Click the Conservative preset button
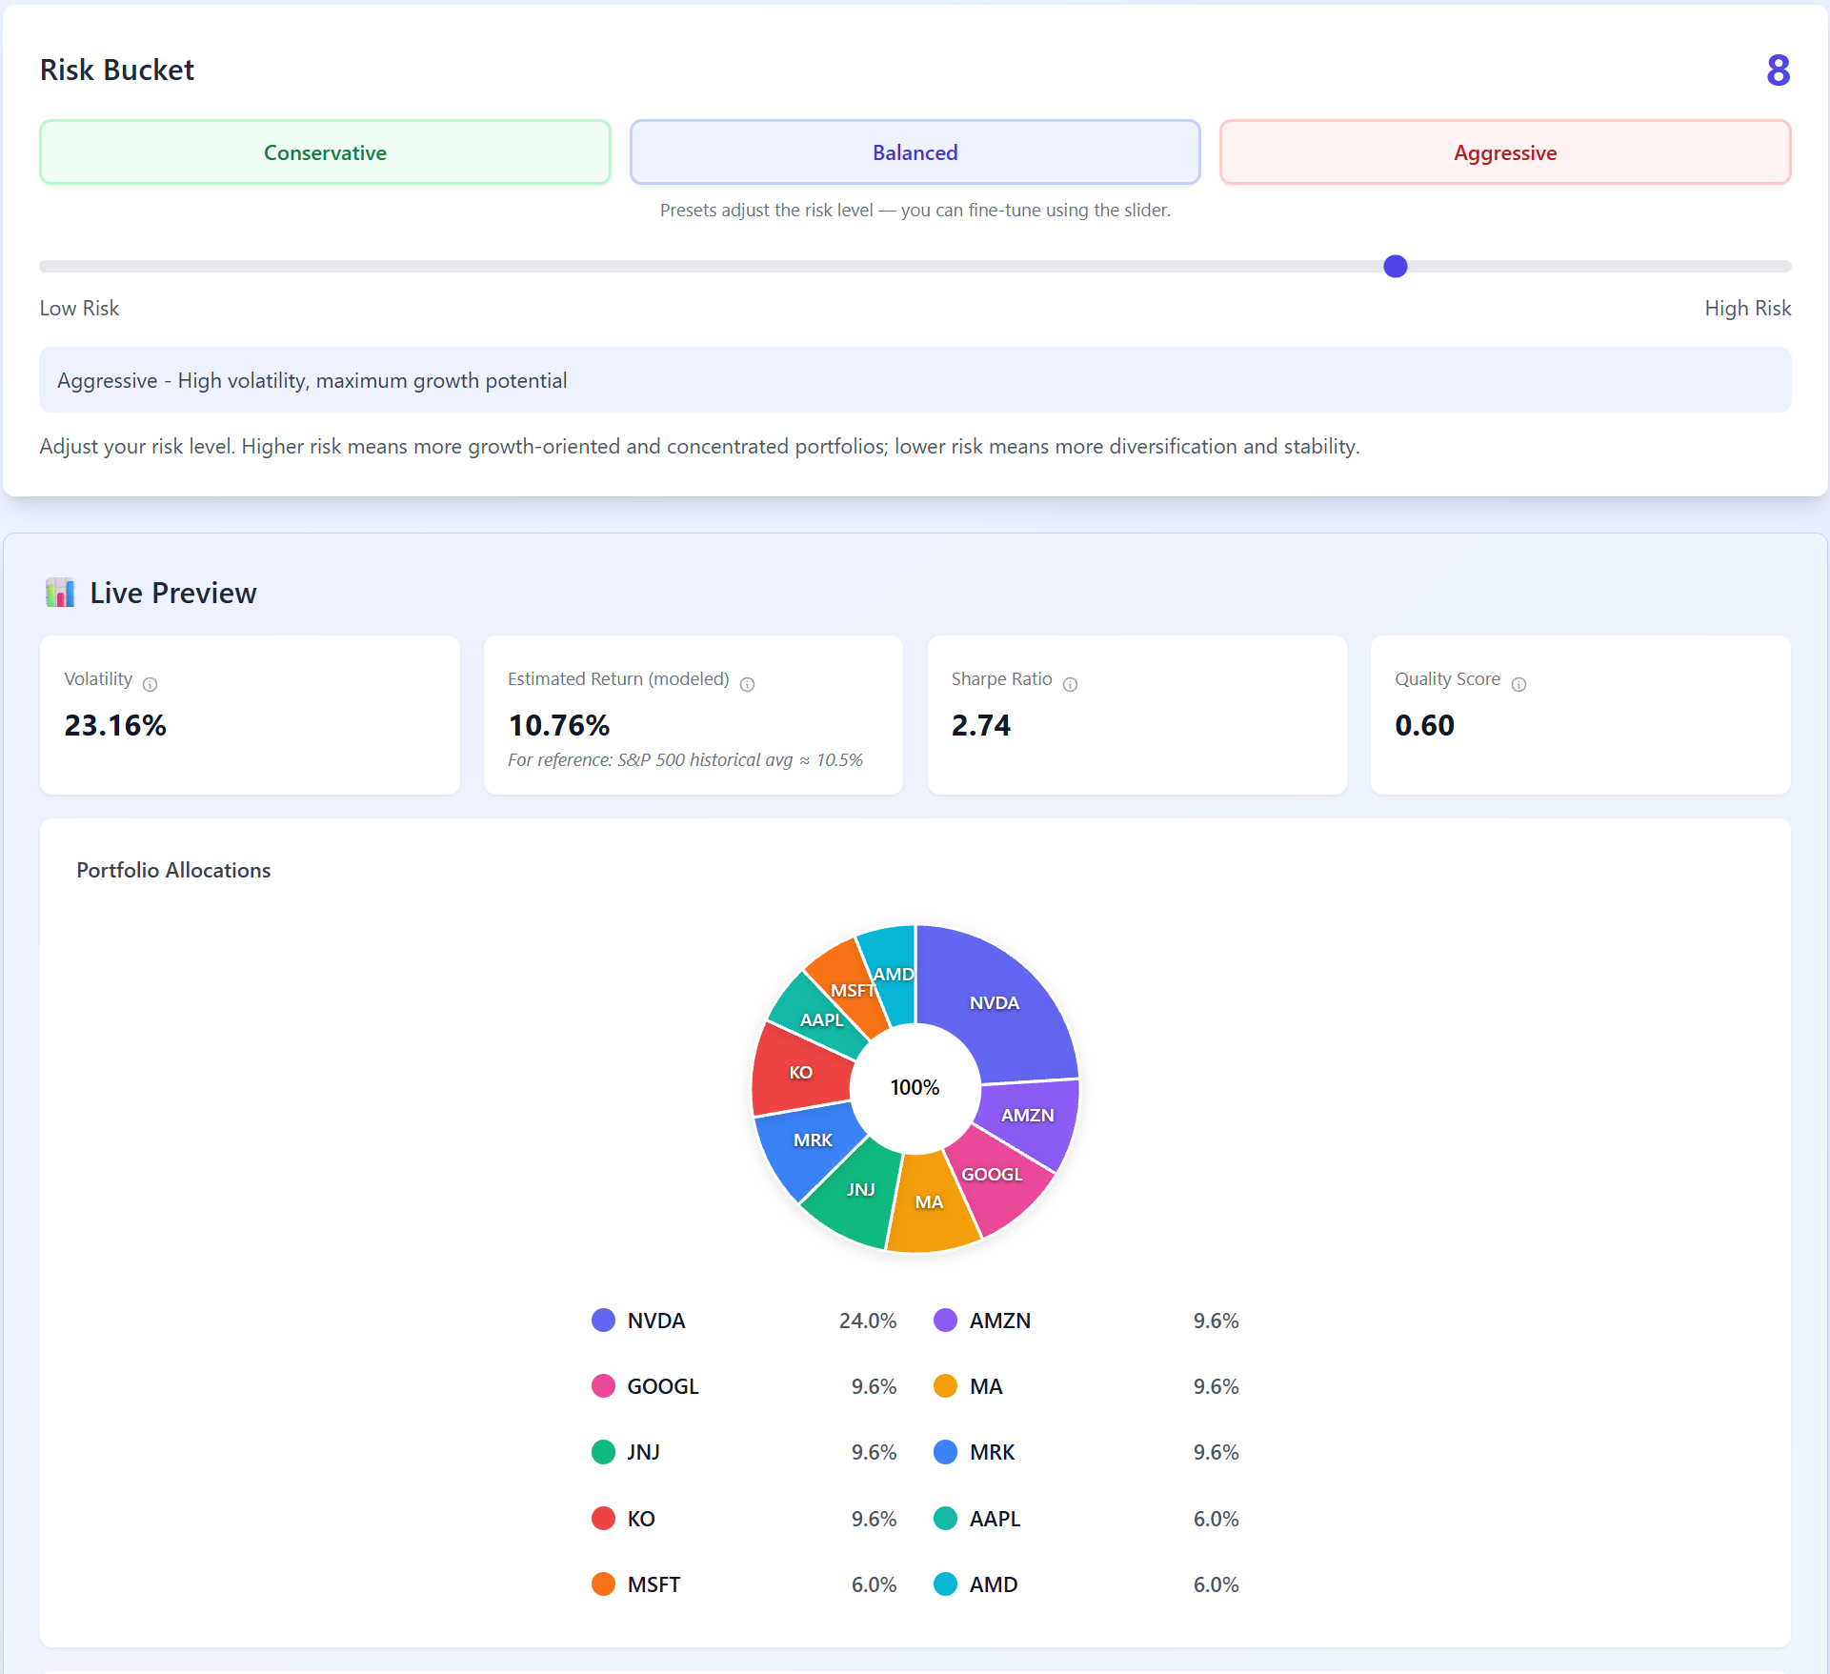pyautogui.click(x=325, y=152)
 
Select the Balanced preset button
pyautogui.click(x=915, y=152)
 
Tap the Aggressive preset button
pyautogui.click(x=1504, y=152)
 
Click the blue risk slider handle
pyautogui.click(x=1395, y=267)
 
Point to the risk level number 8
pyautogui.click(x=1778, y=71)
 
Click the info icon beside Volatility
pyautogui.click(x=151, y=684)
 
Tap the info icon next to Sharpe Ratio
pyautogui.click(x=1070, y=684)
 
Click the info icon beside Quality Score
pyautogui.click(x=1518, y=684)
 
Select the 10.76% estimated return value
pyautogui.click(x=559, y=726)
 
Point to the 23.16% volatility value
pyautogui.click(x=115, y=726)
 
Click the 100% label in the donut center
pyautogui.click(x=915, y=1088)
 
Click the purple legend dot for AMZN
pyautogui.click(x=945, y=1321)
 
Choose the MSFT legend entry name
pyautogui.click(x=654, y=1584)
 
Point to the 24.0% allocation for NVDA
pyautogui.click(x=867, y=1321)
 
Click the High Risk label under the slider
pyautogui.click(x=1747, y=309)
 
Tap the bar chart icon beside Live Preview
pyautogui.click(x=60, y=593)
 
